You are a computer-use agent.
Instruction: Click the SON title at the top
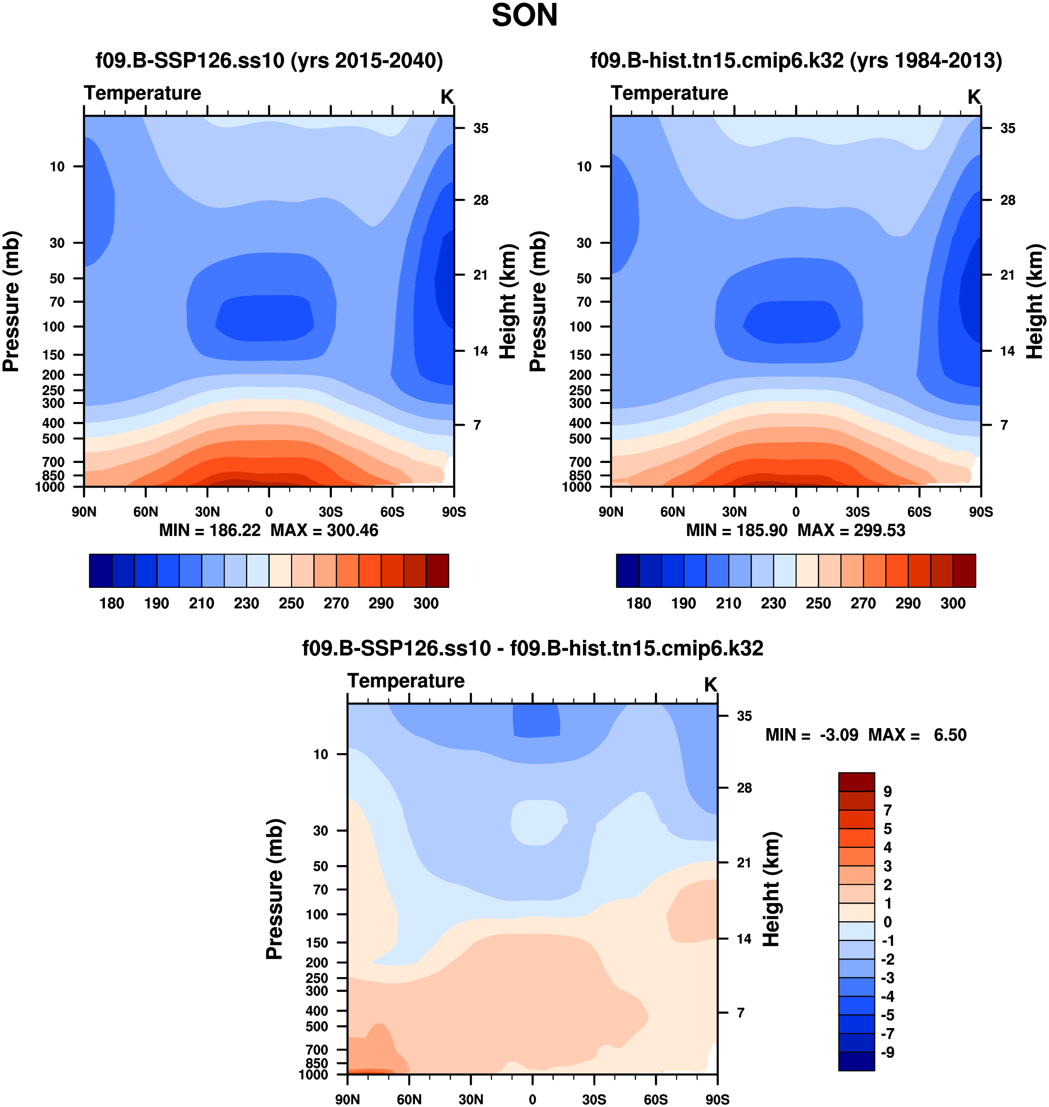point(524,16)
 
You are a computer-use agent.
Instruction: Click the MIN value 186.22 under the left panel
point(235,530)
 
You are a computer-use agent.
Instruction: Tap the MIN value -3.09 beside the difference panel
point(839,735)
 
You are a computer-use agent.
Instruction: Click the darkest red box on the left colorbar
point(437,571)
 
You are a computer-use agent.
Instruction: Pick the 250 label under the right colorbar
point(818,603)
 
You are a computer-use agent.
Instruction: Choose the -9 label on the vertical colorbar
point(887,1052)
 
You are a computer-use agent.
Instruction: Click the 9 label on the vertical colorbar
point(887,792)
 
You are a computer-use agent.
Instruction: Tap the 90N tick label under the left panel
point(84,512)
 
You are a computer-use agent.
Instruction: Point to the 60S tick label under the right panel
point(919,512)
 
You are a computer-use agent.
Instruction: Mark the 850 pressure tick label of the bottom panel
point(317,1063)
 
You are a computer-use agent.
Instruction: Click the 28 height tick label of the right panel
point(1008,200)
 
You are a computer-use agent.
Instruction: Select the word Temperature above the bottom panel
point(406,681)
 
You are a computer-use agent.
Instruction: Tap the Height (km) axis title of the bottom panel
point(771,889)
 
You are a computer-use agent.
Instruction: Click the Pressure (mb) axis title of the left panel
point(11,301)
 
